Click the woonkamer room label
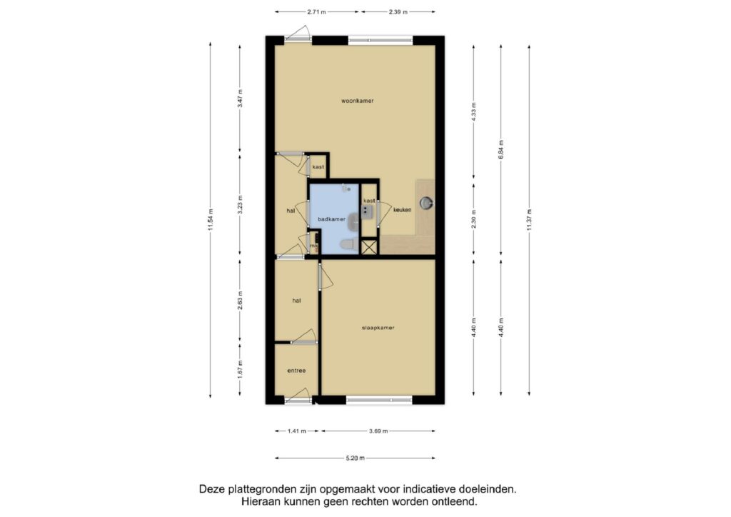click(357, 101)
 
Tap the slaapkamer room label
click(378, 328)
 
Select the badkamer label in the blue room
click(331, 219)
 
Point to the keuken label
click(403, 210)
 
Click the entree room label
click(296, 371)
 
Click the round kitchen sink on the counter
click(427, 203)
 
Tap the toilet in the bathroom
click(348, 244)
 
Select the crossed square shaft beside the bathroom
click(369, 246)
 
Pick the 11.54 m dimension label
click(211, 220)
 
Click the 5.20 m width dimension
click(356, 458)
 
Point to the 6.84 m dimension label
click(501, 150)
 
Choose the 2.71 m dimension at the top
click(316, 12)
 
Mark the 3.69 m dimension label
click(378, 431)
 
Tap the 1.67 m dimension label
click(240, 370)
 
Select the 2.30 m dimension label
click(474, 219)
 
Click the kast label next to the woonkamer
click(318, 167)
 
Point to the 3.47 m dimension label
click(240, 99)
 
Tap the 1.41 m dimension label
click(296, 431)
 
